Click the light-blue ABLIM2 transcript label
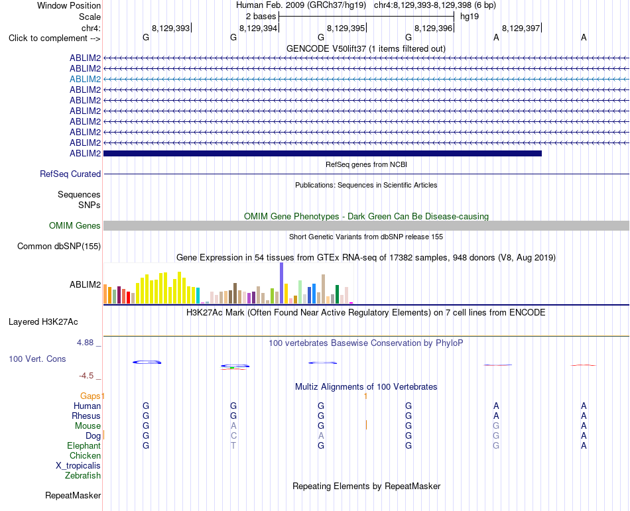coord(85,79)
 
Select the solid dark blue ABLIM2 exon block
coord(323,153)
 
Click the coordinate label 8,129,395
coord(346,28)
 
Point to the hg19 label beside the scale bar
coord(470,17)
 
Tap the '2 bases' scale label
coord(261,17)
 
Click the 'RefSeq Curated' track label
coord(70,174)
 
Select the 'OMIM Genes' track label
coord(75,225)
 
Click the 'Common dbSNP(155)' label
coord(59,246)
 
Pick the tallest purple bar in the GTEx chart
coord(282,283)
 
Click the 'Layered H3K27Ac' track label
coord(43,322)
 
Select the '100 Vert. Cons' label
coord(37,359)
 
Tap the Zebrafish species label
coord(83,476)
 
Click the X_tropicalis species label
coord(78,466)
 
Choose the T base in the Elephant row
coord(233,445)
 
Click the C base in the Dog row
coord(233,435)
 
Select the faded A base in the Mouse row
coord(233,426)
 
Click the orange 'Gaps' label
coord(90,396)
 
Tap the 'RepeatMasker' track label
coord(73,495)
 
